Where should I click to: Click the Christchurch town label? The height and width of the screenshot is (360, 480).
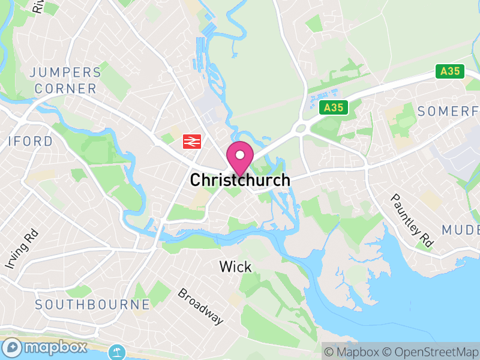click(x=240, y=180)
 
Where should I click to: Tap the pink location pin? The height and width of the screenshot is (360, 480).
click(x=240, y=158)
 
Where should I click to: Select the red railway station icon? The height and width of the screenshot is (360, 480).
click(x=191, y=142)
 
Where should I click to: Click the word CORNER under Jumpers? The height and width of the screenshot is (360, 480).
click(x=65, y=89)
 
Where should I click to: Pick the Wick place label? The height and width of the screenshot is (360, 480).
click(x=235, y=266)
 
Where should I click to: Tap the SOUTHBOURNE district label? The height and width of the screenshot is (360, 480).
click(x=92, y=304)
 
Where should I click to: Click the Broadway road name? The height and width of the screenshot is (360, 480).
click(x=200, y=306)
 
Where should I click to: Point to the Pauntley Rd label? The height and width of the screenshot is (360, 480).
click(x=412, y=220)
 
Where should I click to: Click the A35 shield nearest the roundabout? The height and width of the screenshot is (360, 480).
click(x=333, y=108)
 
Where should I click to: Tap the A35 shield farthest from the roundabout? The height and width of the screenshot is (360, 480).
click(x=449, y=71)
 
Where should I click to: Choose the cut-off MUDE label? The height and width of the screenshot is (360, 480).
click(x=461, y=230)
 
